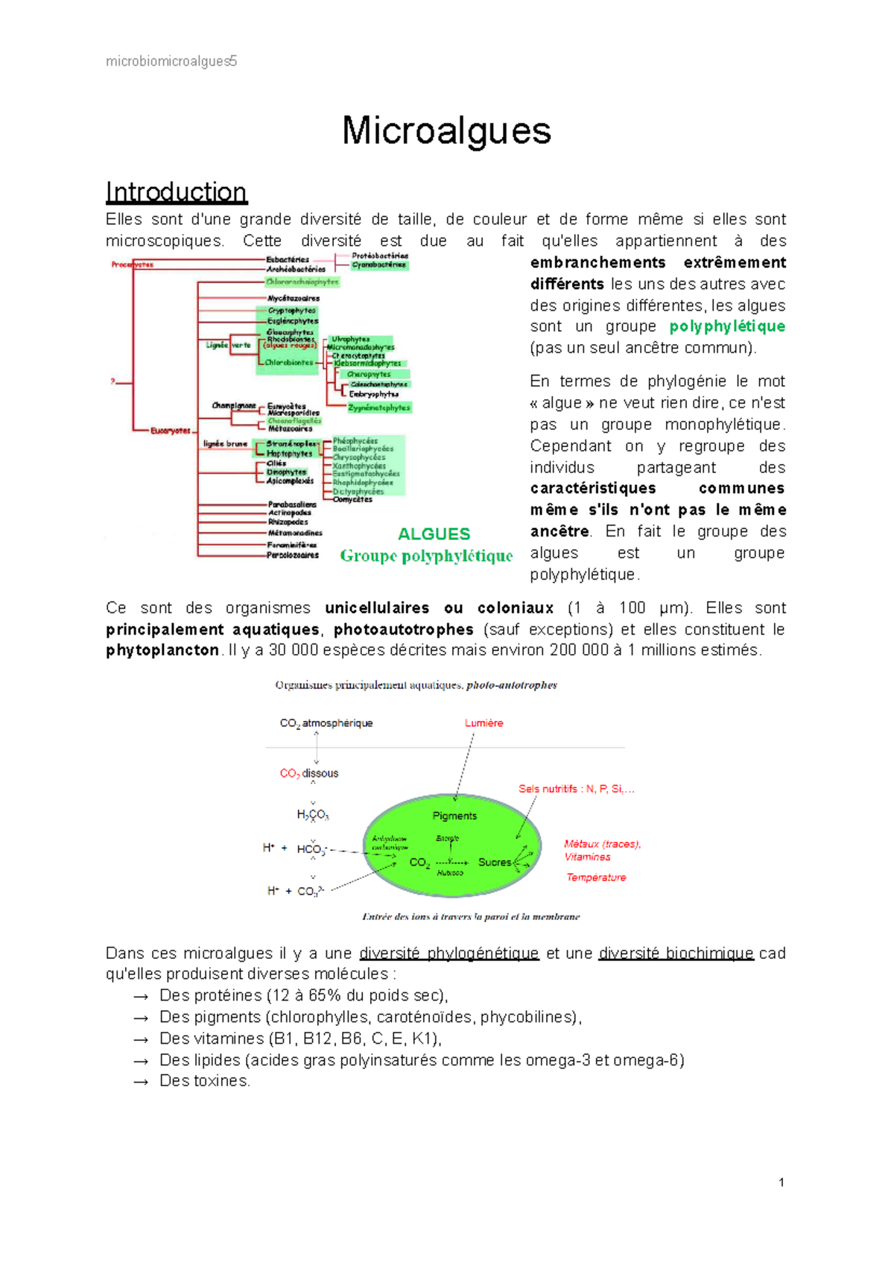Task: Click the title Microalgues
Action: (x=446, y=131)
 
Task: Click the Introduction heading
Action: (x=176, y=192)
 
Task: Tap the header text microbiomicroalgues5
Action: (x=171, y=61)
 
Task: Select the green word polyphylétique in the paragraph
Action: (x=727, y=326)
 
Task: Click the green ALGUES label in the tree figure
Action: (x=434, y=534)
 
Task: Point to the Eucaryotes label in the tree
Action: (x=171, y=431)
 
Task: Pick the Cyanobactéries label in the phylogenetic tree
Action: (x=379, y=264)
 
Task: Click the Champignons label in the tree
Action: (x=233, y=405)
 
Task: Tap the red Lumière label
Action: (x=484, y=723)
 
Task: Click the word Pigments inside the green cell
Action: (x=454, y=816)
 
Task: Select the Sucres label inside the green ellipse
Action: (x=495, y=862)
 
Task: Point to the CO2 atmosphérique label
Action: (x=326, y=723)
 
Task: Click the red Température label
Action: (x=596, y=878)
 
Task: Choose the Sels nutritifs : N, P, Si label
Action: (x=576, y=789)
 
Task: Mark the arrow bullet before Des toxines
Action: (x=141, y=1082)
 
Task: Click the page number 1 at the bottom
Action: (x=781, y=1182)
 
